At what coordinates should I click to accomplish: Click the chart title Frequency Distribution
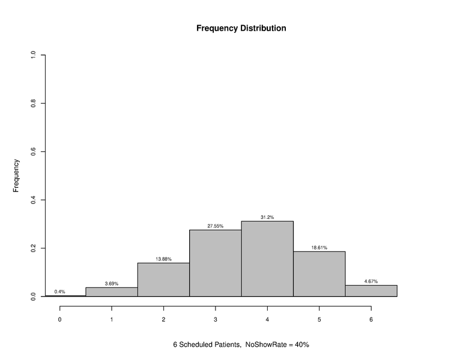(x=241, y=28)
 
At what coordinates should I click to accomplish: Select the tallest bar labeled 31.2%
(x=267, y=259)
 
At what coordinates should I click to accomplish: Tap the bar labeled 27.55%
(x=215, y=263)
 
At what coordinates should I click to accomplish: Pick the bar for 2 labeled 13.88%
(x=163, y=280)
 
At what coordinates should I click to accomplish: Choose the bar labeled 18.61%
(x=319, y=274)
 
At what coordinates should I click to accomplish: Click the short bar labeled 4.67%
(x=371, y=290)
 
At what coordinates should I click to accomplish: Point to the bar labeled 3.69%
(x=112, y=292)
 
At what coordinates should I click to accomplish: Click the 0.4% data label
(x=59, y=292)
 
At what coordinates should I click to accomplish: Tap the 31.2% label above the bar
(x=267, y=217)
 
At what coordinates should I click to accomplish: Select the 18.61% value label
(x=319, y=247)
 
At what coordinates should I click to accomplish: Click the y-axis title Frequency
(x=17, y=175)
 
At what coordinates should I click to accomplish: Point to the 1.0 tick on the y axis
(x=33, y=55)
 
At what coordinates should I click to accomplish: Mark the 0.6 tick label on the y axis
(x=33, y=152)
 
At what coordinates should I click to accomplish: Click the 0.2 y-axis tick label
(x=33, y=248)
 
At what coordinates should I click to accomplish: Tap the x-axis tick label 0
(x=59, y=319)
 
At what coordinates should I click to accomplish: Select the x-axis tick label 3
(x=215, y=319)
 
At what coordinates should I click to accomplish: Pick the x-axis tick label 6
(x=371, y=319)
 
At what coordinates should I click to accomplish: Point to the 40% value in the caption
(x=301, y=345)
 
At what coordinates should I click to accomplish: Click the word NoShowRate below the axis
(x=264, y=345)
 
